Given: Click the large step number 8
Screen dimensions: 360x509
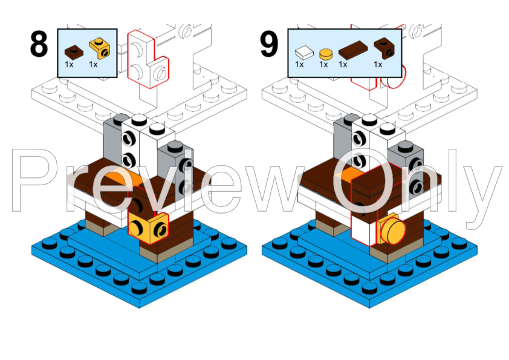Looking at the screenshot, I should coord(39,45).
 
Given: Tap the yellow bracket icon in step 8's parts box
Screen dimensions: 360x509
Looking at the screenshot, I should coord(96,48).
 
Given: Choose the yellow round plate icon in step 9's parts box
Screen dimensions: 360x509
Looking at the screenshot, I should coord(325,53).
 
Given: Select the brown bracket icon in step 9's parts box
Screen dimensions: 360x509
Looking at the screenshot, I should coord(381,48).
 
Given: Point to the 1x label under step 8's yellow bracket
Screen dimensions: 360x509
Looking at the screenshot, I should coord(94,64).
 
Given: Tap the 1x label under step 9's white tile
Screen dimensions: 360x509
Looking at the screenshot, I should coord(300,64).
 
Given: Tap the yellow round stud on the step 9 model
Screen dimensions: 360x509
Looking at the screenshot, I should coord(391,231).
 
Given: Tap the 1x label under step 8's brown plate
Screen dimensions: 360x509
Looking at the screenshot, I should coord(69,64).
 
